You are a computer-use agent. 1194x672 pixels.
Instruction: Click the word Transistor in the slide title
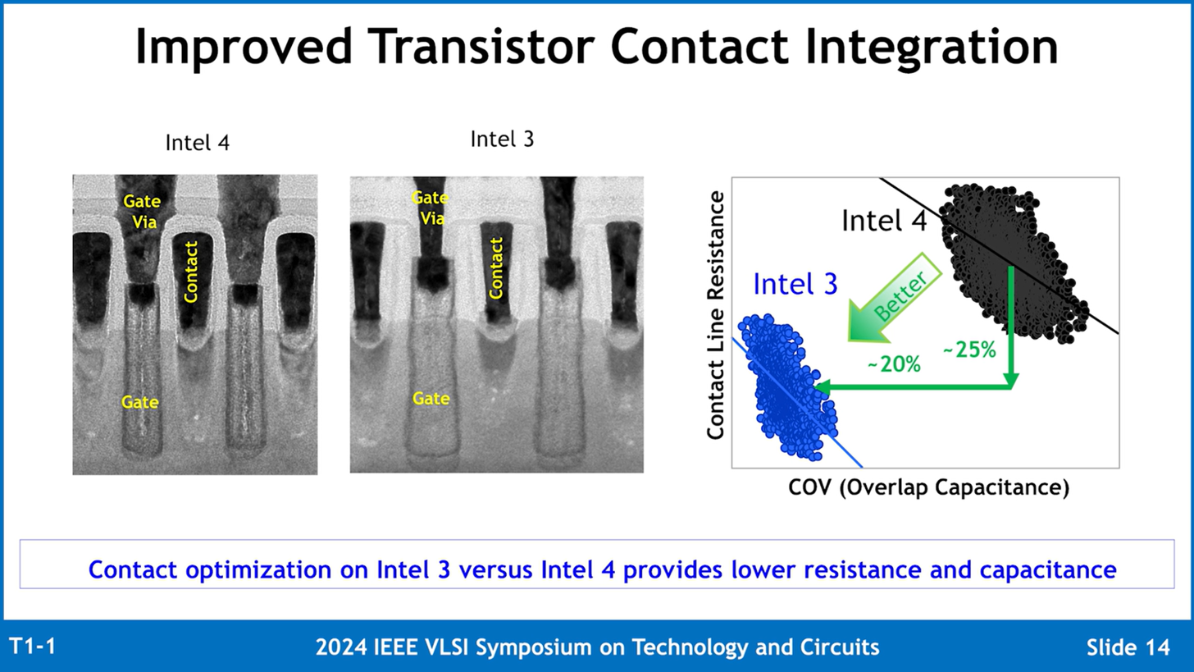click(x=483, y=46)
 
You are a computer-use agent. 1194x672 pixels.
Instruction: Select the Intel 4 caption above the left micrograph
click(x=197, y=143)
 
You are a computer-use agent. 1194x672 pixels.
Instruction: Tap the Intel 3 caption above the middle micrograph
click(x=502, y=139)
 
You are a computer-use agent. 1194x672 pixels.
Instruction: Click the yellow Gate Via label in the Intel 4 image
click(x=143, y=211)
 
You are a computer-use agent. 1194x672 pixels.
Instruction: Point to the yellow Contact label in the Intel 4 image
click(x=190, y=272)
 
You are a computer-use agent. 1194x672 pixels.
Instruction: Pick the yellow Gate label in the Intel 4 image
click(x=140, y=401)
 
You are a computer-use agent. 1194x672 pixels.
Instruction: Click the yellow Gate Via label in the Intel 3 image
click(x=431, y=208)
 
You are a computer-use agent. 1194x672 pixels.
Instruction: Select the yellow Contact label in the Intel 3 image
click(x=495, y=268)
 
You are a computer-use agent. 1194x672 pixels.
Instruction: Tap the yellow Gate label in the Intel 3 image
click(x=431, y=399)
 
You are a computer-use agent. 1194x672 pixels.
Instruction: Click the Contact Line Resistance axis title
click(x=715, y=315)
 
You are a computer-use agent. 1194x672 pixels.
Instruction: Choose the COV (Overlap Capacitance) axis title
click(x=928, y=487)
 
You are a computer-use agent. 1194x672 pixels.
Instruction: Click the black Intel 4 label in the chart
click(x=884, y=220)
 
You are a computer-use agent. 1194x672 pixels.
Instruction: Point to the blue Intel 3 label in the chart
click(x=795, y=284)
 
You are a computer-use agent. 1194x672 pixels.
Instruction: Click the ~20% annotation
click(x=894, y=365)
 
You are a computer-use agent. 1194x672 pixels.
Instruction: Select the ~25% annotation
click(x=969, y=350)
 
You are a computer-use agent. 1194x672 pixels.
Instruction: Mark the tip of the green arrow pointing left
click(x=814, y=388)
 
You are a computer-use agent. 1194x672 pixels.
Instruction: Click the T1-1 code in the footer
click(x=33, y=647)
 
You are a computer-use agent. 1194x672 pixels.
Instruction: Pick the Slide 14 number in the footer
click(x=1128, y=647)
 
